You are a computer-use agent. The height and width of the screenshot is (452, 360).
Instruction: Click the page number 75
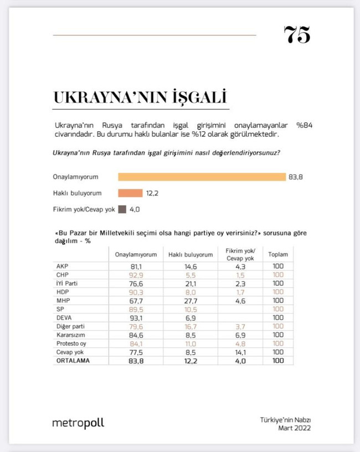point(297,35)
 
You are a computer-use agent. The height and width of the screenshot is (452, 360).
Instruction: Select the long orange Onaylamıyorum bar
point(202,177)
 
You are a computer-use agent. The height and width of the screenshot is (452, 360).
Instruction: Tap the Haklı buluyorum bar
point(130,193)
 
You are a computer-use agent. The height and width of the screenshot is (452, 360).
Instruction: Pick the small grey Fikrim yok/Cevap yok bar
point(122,209)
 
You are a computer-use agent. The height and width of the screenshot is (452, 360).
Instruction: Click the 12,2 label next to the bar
point(153,193)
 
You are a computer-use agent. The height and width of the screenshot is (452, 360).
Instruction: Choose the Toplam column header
point(277,255)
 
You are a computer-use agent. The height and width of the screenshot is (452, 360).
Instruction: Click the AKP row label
point(63,266)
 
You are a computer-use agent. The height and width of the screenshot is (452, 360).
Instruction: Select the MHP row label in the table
point(63,300)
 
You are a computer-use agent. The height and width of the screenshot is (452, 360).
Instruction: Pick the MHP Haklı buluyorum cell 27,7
point(190,300)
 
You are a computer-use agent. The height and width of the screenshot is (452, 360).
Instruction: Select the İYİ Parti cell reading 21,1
point(190,283)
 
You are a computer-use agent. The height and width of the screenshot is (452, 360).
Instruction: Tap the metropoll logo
point(78,423)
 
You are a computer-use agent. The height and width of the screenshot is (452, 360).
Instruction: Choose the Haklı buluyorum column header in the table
point(190,255)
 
